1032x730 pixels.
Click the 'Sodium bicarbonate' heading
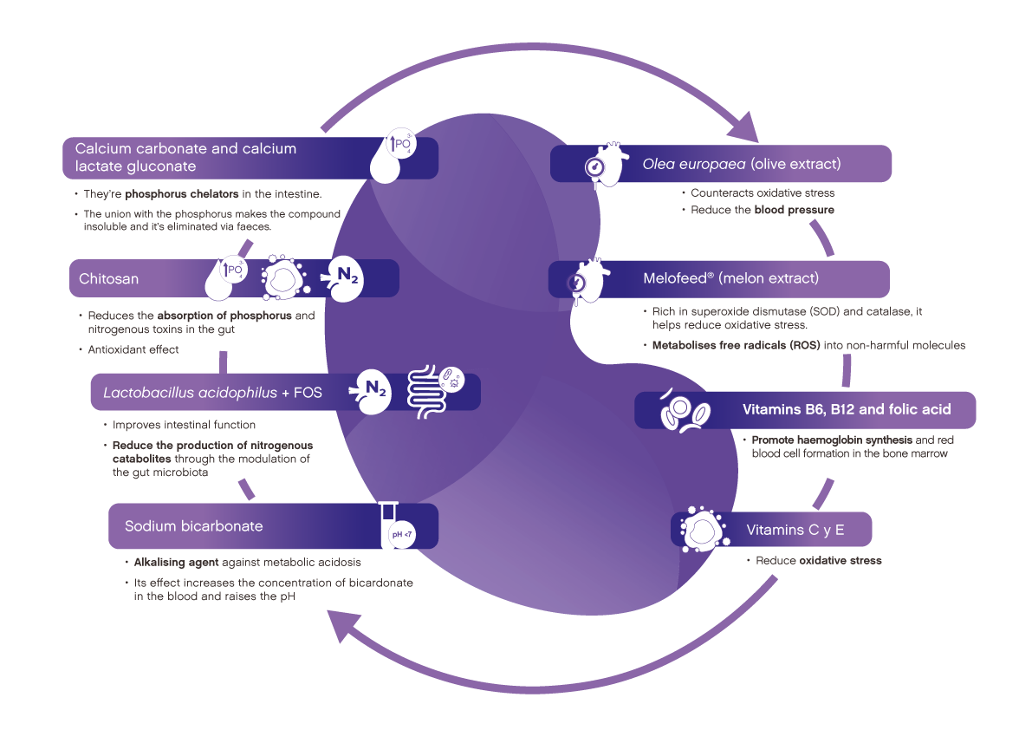pos(193,526)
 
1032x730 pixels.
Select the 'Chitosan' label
pos(108,279)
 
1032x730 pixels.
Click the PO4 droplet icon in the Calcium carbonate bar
pos(393,158)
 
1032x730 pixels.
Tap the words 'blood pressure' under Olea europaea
pos(795,210)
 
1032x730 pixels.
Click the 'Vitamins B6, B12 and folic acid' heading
pos(847,409)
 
